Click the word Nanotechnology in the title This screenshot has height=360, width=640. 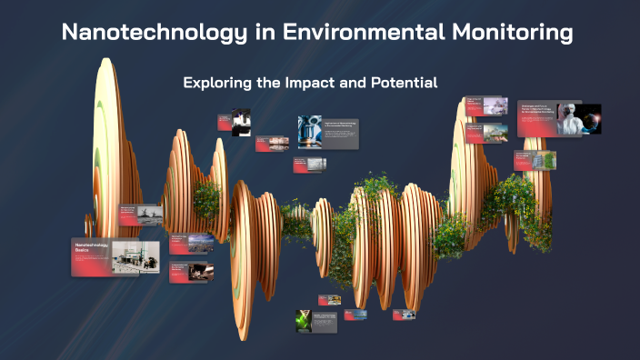tap(144, 34)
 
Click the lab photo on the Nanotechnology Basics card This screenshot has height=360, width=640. tap(135, 257)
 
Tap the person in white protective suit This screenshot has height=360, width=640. tap(570, 117)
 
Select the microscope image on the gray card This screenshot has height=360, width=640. tap(309, 131)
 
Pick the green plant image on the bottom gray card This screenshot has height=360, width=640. tap(303, 321)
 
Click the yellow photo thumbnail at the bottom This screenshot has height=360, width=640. tap(335, 299)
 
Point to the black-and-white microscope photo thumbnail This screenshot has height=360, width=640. tap(242, 121)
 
